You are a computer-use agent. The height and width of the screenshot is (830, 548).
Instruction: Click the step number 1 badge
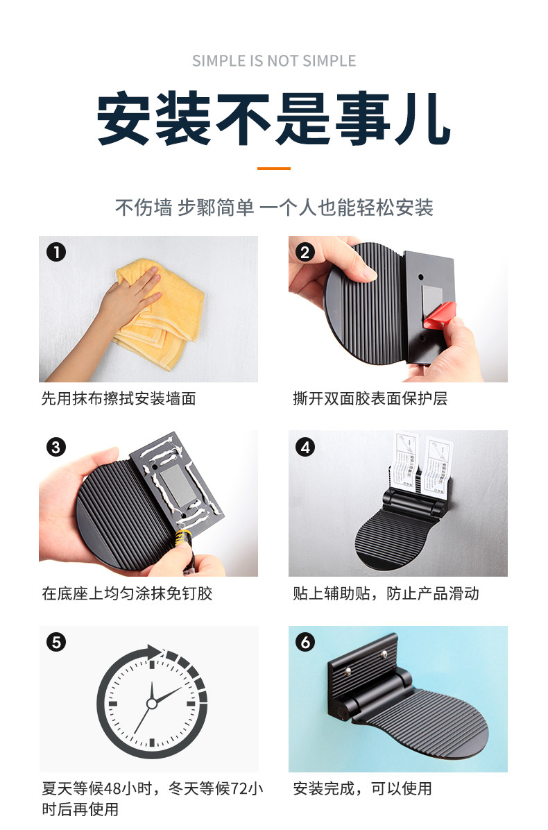(56, 252)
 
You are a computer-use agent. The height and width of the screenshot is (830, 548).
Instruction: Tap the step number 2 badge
(305, 252)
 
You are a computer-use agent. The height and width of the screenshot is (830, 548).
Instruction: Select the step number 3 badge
(56, 448)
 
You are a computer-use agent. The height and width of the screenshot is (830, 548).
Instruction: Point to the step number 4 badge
(305, 448)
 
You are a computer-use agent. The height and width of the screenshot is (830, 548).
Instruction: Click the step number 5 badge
(56, 642)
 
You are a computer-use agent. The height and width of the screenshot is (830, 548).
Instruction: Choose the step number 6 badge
(305, 642)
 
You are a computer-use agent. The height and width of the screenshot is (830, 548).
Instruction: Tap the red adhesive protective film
(439, 314)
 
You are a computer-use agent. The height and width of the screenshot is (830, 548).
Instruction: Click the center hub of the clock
(152, 704)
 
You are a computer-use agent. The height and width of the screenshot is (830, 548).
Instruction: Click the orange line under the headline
(274, 169)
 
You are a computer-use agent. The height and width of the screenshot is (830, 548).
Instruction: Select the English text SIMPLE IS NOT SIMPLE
(274, 61)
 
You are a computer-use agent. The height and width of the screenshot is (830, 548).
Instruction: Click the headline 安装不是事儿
(274, 119)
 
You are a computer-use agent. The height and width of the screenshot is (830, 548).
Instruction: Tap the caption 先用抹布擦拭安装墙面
(119, 398)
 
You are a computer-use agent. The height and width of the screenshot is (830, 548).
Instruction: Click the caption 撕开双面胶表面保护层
(370, 398)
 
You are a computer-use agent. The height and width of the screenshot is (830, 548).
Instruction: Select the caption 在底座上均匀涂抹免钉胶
(127, 593)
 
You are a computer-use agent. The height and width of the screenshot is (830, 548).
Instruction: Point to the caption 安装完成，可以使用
(363, 789)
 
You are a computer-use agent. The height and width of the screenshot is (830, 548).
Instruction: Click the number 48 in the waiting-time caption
(112, 789)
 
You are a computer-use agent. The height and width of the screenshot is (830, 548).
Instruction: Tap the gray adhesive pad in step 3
(178, 484)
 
